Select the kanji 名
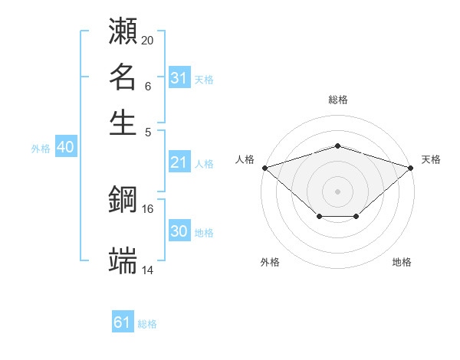coord(123,77)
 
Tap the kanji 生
coord(123,122)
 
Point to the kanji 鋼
coord(123,200)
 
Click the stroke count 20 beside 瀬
coord(147,40)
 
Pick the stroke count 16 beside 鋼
coord(147,208)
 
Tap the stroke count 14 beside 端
coord(147,270)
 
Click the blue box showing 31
coord(179,78)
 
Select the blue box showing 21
coord(179,162)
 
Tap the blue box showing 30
coord(179,232)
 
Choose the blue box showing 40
coord(65,148)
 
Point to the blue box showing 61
coord(123,322)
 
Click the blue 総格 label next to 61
coord(147,324)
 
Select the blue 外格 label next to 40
coord(41,149)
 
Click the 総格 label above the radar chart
coord(337,100)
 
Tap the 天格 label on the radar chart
coord(431,159)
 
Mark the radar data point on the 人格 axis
coord(264,167)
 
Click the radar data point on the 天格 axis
coord(411,167)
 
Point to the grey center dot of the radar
coord(337,191)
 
